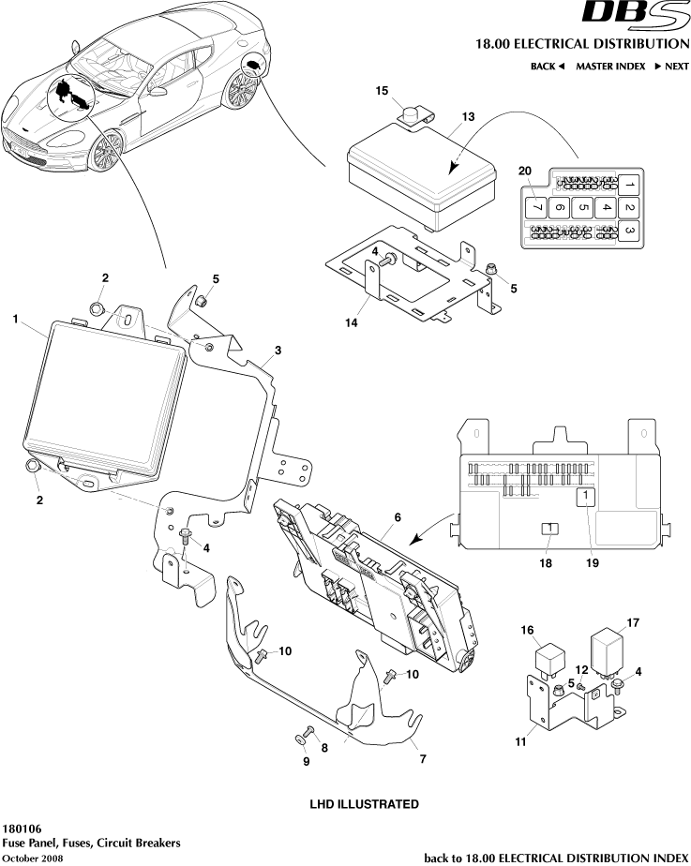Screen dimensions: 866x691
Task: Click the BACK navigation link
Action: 548,67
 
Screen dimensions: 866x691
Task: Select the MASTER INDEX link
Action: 610,67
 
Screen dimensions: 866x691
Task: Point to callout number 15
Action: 382,91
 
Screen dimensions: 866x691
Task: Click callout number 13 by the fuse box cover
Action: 468,117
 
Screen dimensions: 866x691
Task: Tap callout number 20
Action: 524,170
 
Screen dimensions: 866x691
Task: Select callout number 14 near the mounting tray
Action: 351,322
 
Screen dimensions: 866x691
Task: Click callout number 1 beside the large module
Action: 16,320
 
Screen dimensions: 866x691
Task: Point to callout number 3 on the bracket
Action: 278,351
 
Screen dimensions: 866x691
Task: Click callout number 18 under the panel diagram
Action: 545,563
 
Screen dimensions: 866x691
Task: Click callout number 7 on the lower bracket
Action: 423,759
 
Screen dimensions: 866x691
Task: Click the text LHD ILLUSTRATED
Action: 364,804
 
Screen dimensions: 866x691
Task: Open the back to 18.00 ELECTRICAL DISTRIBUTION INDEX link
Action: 556,858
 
